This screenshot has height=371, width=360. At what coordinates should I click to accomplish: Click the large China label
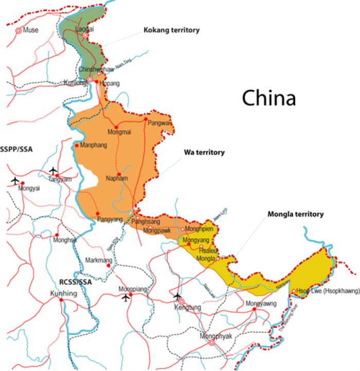pyautogui.click(x=269, y=98)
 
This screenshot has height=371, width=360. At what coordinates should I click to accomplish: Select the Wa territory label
pyautogui.click(x=204, y=152)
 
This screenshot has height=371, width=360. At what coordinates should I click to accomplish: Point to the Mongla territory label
pyautogui.click(x=295, y=214)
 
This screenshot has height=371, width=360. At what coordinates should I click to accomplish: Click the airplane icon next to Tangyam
pyautogui.click(x=53, y=171)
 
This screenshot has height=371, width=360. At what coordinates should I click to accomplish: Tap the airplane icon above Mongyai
pyautogui.click(x=15, y=181)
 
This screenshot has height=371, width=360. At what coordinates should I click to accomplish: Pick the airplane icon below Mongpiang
pyautogui.click(x=125, y=298)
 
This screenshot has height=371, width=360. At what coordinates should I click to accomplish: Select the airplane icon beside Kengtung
pyautogui.click(x=178, y=296)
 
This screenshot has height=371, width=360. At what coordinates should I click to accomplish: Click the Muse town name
pyautogui.click(x=31, y=30)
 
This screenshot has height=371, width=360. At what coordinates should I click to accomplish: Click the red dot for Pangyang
pyautogui.click(x=97, y=214)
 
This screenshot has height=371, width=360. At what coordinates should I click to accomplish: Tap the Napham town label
pyautogui.click(x=116, y=179)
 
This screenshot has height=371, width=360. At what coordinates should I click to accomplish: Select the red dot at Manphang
pyautogui.click(x=77, y=146)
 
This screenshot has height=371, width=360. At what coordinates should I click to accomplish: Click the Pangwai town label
pyautogui.click(x=159, y=123)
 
